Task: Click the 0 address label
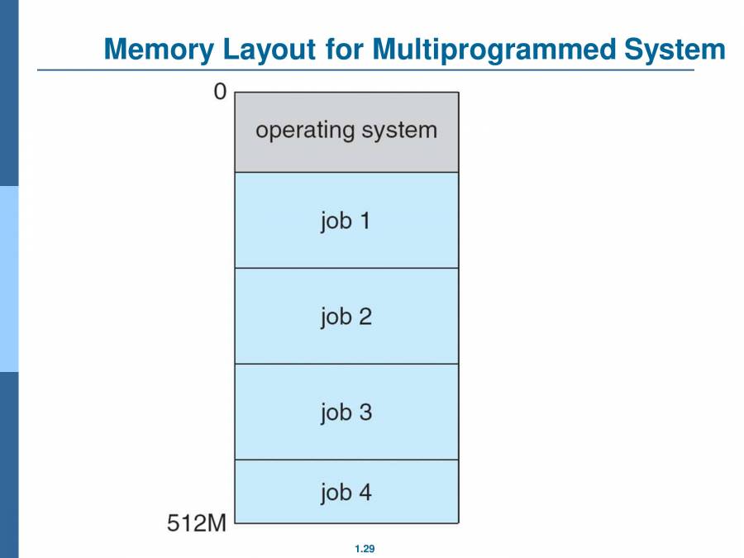(x=219, y=93)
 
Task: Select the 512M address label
(x=197, y=523)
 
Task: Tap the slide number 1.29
(x=365, y=549)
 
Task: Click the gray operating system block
(x=346, y=153)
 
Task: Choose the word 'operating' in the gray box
(x=305, y=131)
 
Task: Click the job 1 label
(x=346, y=221)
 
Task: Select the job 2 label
(x=346, y=317)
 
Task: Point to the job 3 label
(x=346, y=412)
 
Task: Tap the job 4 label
(x=346, y=493)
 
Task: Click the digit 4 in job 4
(x=364, y=493)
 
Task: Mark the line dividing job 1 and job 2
(x=346, y=268)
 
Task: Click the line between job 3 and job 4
(x=346, y=460)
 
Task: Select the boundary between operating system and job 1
(x=346, y=172)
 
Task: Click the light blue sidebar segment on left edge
(x=8, y=279)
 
